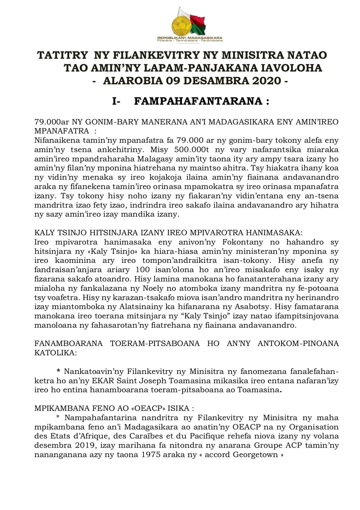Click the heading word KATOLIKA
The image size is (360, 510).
coord(55,353)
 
